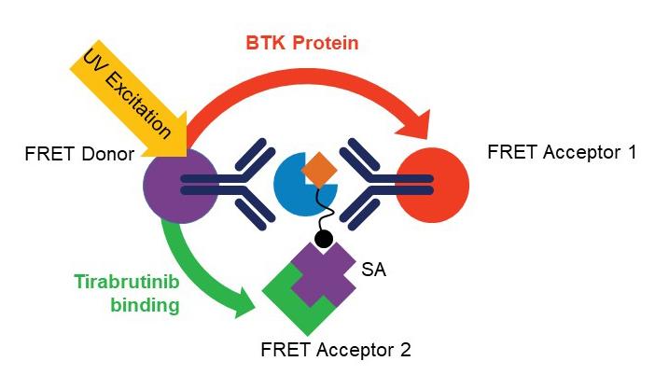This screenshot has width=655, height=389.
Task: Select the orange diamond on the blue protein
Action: pos(319,166)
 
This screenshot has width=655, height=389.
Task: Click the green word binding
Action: pos(142,304)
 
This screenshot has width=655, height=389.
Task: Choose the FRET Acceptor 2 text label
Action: pos(335,351)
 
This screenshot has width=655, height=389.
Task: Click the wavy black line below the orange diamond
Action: pos(327,211)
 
